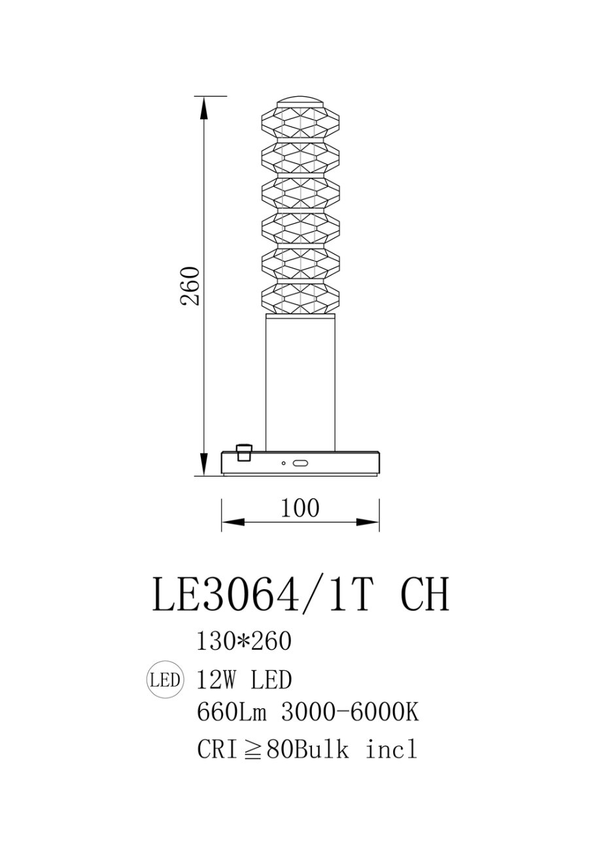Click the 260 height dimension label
190,286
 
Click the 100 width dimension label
300,508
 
